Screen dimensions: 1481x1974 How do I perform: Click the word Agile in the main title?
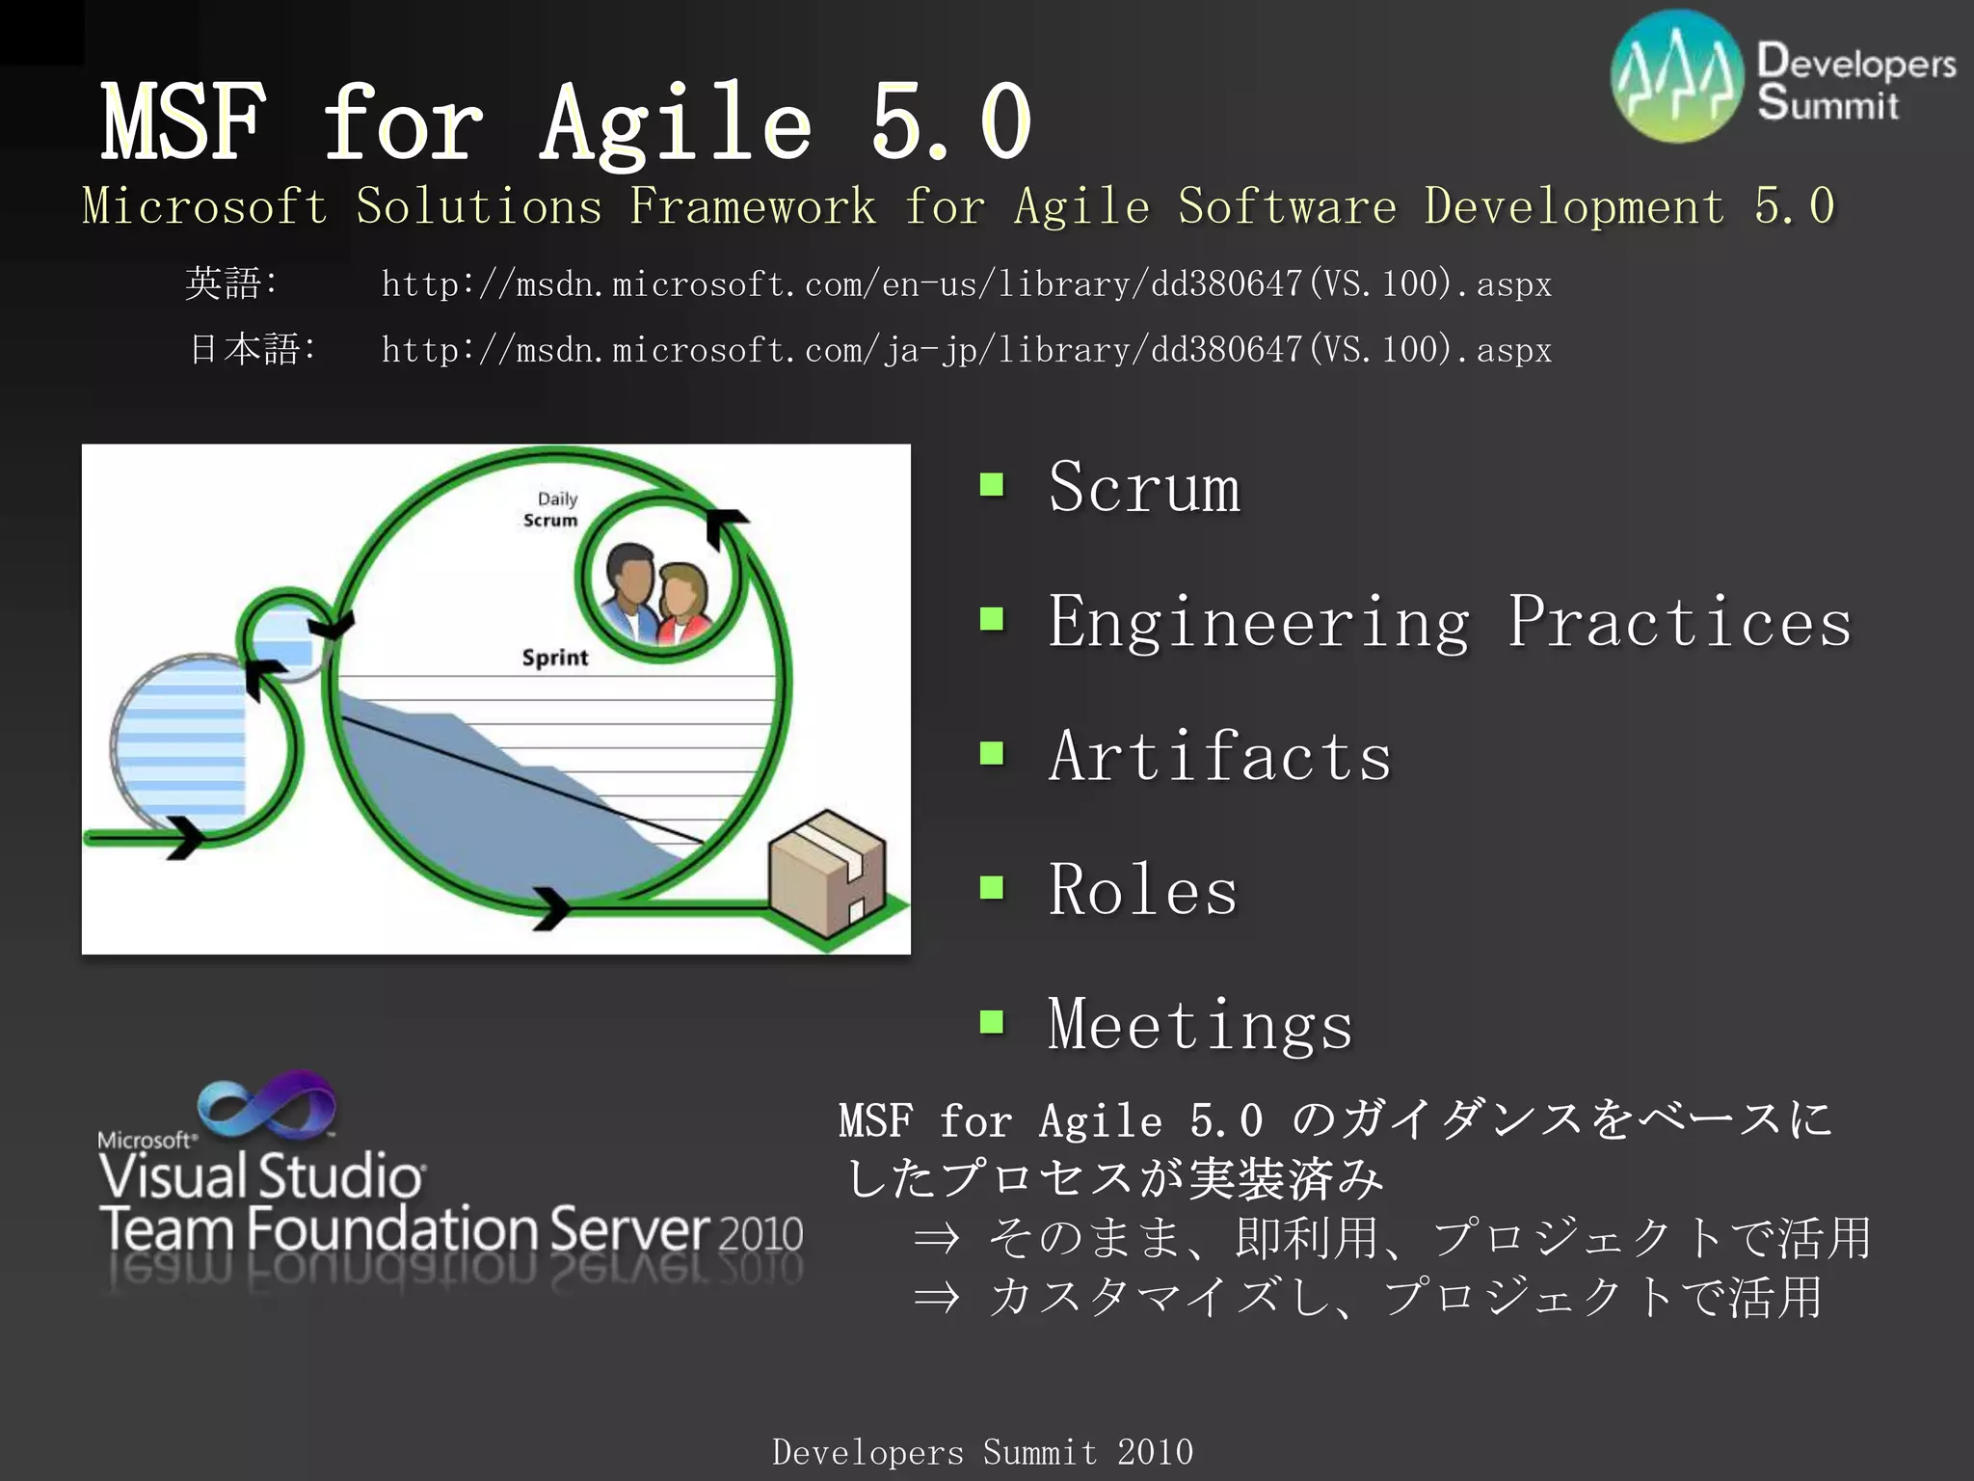click(675, 123)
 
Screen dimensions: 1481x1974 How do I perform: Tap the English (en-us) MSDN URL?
click(966, 284)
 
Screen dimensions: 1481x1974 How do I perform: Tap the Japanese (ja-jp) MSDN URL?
click(966, 350)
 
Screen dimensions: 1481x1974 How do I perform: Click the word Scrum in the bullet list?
click(1144, 487)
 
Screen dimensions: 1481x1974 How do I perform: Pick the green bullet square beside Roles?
click(992, 887)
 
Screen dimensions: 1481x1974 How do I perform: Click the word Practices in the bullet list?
click(1679, 622)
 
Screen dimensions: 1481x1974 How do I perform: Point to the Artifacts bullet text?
click(1219, 755)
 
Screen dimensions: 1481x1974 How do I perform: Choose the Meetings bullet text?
click(1200, 1024)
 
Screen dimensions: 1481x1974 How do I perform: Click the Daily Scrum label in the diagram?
click(552, 509)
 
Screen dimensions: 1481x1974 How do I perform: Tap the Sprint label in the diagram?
click(554, 658)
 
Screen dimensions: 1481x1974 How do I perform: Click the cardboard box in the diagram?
click(827, 873)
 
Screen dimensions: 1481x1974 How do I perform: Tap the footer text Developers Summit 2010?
click(982, 1451)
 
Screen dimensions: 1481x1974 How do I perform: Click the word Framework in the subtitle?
click(752, 206)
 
